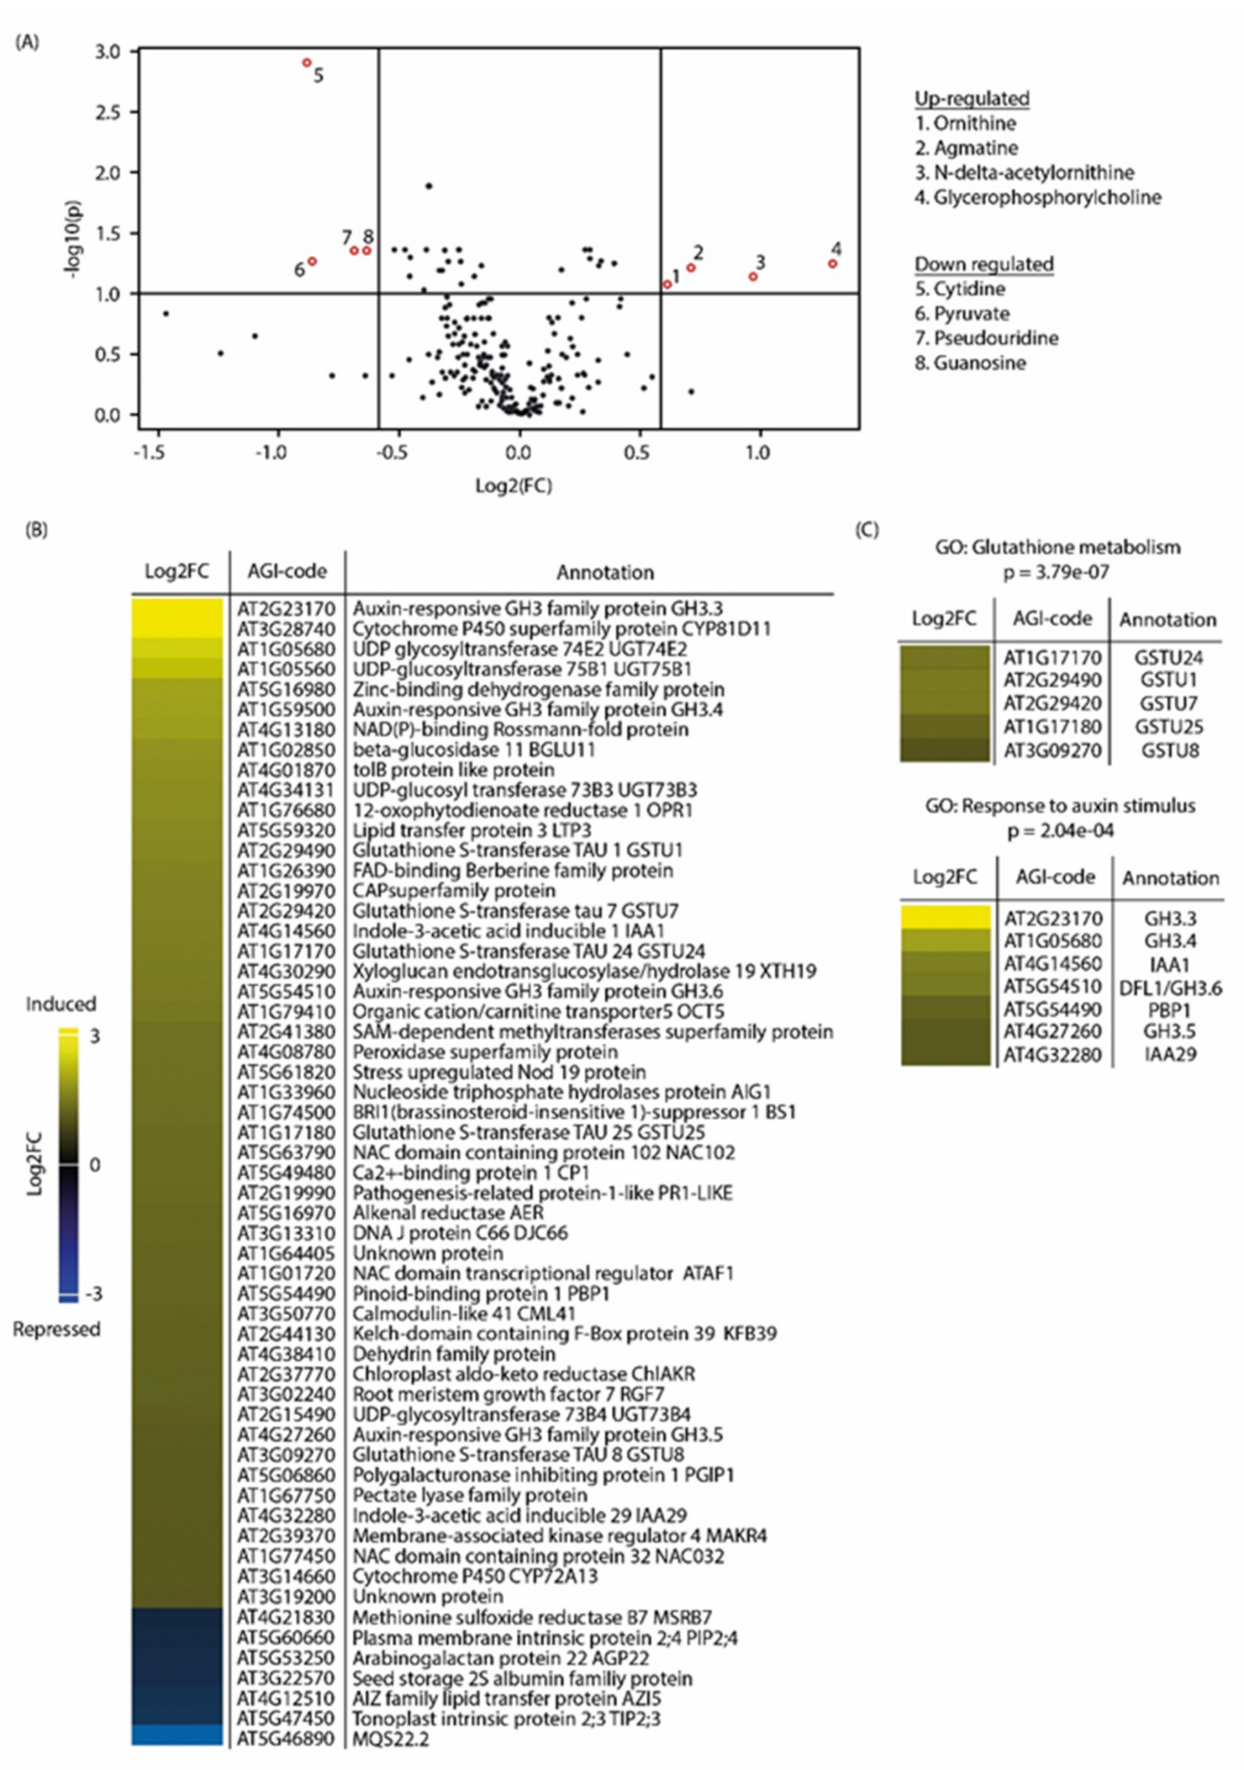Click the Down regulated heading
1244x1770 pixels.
pos(984,264)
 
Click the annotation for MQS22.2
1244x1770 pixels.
pos(391,1739)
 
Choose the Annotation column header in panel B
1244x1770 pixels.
pos(605,572)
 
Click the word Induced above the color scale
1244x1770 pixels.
pos(61,1004)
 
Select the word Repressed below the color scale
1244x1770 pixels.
pos(56,1329)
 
